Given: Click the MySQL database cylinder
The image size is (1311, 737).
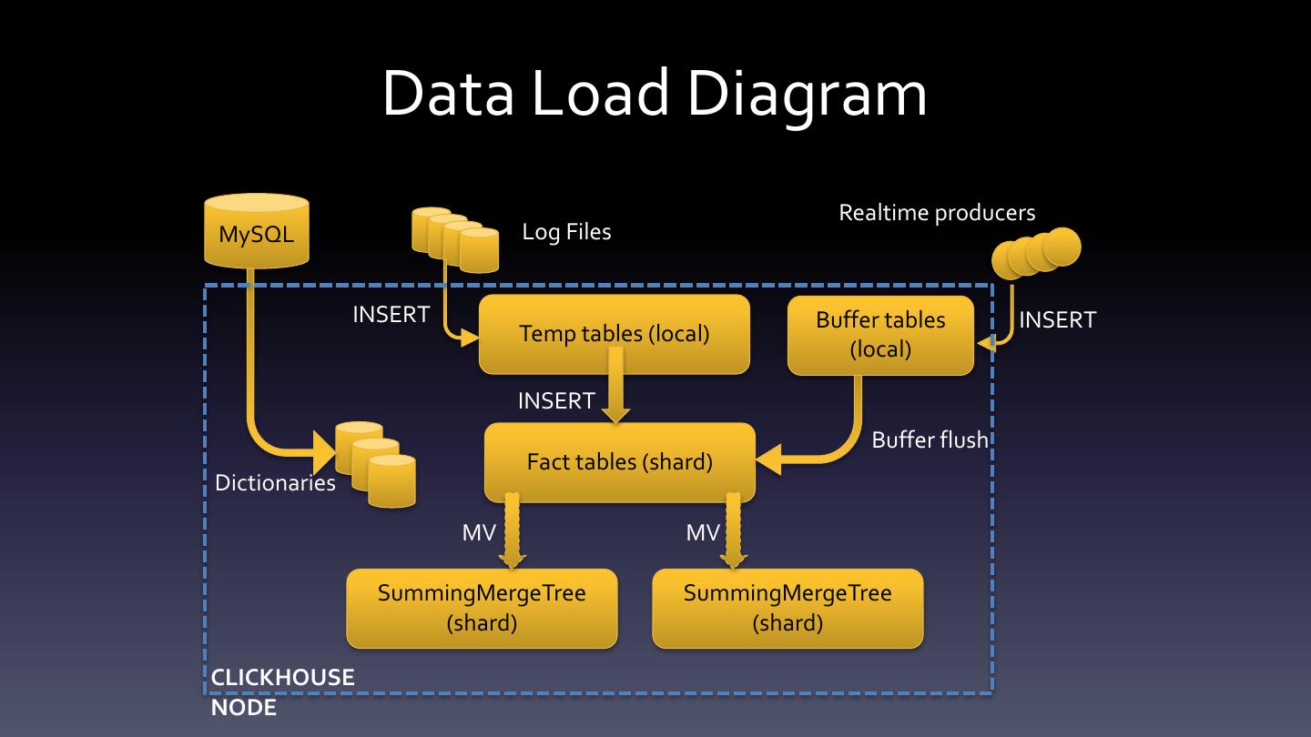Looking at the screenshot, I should coord(257,231).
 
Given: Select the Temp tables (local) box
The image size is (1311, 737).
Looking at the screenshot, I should coord(615,334).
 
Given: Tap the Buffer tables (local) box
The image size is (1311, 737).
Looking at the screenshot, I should coord(880,335).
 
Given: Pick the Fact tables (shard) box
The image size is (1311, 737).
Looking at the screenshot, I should coord(620,462).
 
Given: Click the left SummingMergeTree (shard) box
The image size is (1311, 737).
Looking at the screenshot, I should coord(482,608).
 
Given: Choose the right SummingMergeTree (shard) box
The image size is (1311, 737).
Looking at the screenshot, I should coord(788,608).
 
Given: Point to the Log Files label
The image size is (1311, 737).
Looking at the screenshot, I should coord(566,232).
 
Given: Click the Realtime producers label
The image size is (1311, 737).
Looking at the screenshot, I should coord(937,213).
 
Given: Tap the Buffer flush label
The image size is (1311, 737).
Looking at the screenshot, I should coord(930,440).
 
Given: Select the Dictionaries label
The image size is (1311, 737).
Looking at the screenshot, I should coord(275,483).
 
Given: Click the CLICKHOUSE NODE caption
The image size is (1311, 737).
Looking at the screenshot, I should coord(282,692).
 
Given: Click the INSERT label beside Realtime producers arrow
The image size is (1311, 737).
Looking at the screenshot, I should coord(1057,320).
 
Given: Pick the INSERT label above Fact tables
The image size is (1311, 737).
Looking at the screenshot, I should coord(556,401).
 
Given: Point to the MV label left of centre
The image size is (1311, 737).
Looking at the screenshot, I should coord(479,533).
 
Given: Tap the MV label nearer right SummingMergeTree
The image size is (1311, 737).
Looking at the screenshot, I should coord(703,533).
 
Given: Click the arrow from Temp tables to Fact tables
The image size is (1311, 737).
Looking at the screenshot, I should coord(616,388).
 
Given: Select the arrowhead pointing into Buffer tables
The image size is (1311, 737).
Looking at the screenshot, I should coord(985,344).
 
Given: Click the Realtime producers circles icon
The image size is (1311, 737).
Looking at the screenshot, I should coord(1036,252).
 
